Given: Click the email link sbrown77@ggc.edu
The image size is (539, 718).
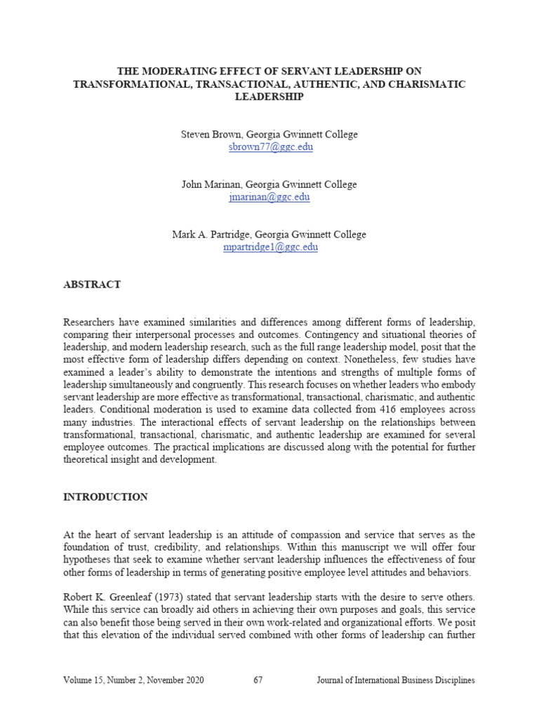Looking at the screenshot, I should click(269, 147).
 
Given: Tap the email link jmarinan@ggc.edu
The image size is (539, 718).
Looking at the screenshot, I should click(269, 197).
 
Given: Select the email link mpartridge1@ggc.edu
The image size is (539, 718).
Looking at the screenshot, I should click(269, 248).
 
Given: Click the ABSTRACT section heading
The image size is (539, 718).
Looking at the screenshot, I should click(92, 285).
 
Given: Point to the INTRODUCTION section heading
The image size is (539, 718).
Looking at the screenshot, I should click(105, 497).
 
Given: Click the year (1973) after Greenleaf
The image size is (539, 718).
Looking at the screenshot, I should click(166, 597).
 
